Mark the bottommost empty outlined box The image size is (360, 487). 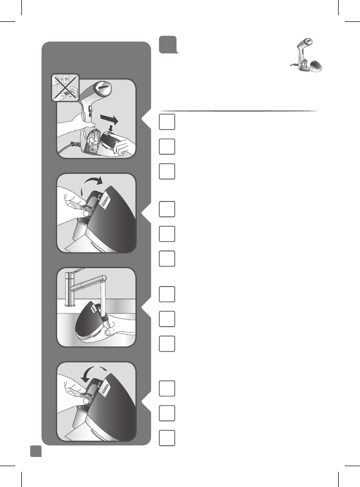point(167,438)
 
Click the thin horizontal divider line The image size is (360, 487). point(239,110)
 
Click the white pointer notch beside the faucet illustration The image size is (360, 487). point(146,307)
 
